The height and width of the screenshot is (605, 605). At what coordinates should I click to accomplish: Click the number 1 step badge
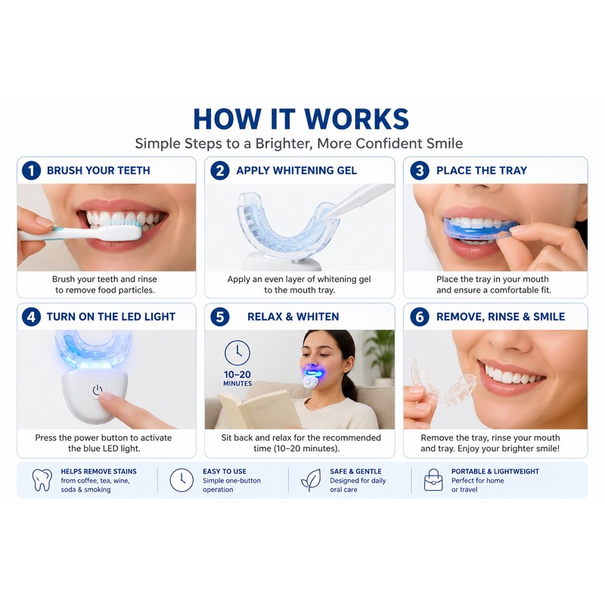31,171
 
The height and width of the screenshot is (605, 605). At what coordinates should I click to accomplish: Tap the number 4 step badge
31,317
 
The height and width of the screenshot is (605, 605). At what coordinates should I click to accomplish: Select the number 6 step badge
420,317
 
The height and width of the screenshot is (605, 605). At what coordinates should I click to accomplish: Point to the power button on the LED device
98,390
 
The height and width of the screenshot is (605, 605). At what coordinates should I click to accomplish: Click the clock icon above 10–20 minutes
237,352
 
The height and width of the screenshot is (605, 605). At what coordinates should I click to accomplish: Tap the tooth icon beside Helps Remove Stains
42,480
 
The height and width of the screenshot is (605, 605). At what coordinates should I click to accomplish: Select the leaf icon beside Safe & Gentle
311,480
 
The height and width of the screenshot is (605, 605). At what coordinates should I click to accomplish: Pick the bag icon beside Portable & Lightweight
433,480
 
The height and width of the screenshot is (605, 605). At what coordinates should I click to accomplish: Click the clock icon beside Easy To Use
181,480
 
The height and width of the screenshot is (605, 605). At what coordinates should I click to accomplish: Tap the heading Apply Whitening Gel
296,171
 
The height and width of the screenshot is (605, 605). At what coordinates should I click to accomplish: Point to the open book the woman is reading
258,410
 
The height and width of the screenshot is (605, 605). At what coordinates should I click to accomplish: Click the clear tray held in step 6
443,382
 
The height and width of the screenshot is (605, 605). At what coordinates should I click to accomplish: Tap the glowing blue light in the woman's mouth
315,373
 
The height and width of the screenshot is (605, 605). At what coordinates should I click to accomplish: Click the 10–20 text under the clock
237,374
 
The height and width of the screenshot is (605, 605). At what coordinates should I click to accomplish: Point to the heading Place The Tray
482,171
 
